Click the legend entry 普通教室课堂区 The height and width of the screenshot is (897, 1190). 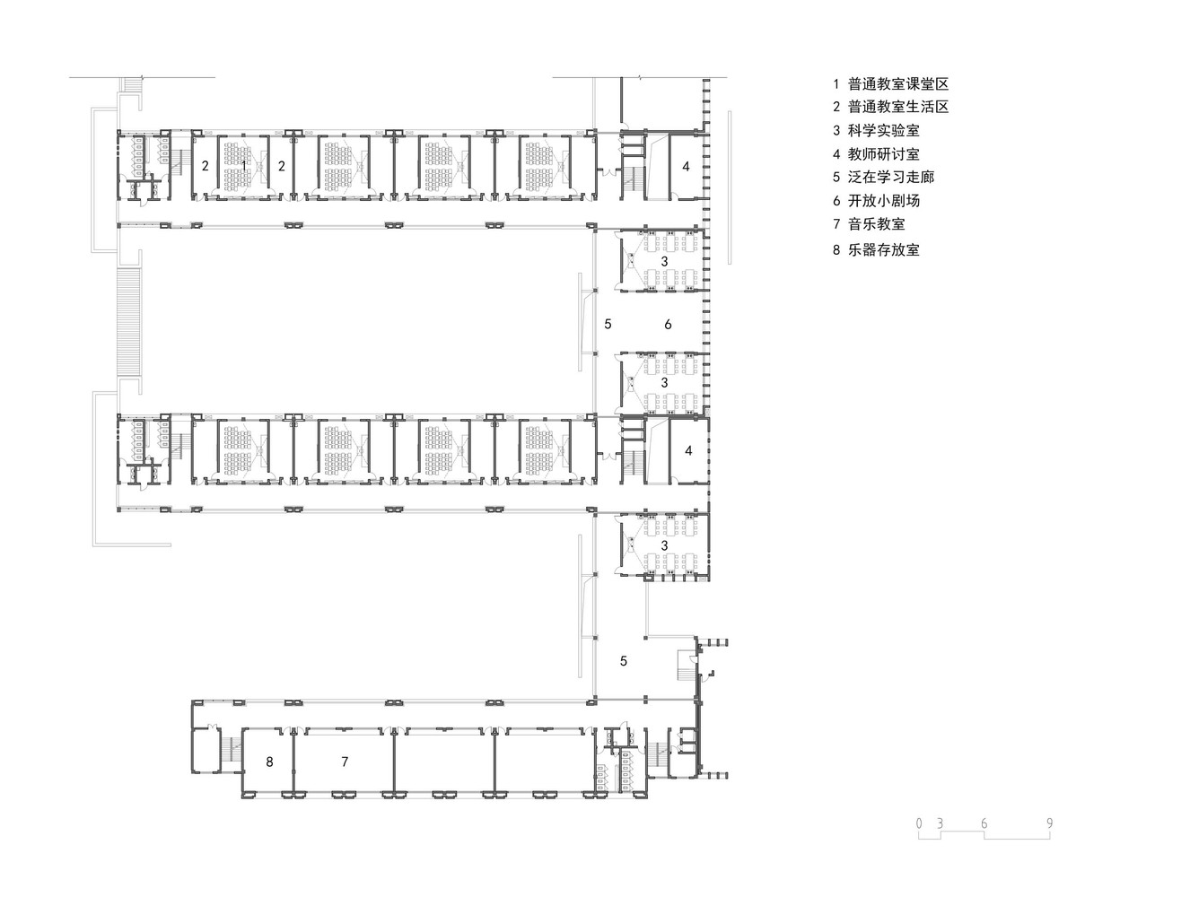click(x=897, y=84)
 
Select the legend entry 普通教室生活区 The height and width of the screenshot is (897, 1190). click(x=897, y=107)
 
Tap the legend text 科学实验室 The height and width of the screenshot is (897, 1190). click(x=883, y=131)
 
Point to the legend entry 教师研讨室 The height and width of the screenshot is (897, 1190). click(x=883, y=154)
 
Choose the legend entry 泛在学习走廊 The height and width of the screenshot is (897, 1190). click(x=890, y=178)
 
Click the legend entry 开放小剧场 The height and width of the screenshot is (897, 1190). click(x=883, y=201)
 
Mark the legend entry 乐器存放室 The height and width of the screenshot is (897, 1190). click(x=883, y=250)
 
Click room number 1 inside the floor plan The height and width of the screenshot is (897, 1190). click(x=243, y=166)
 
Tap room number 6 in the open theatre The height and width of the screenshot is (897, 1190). click(x=668, y=325)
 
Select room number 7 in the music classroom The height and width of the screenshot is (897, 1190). click(x=345, y=762)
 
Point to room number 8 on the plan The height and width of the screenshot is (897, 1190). click(x=269, y=762)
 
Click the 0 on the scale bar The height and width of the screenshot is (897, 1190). click(x=919, y=823)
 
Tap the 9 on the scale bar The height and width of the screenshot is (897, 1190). click(x=1049, y=823)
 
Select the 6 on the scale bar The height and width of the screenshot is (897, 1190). click(x=984, y=823)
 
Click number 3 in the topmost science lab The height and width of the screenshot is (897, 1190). click(x=664, y=261)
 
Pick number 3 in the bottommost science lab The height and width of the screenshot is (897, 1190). click(x=664, y=545)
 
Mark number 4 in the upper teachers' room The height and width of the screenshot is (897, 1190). click(x=686, y=166)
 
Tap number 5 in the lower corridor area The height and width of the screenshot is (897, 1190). click(x=624, y=661)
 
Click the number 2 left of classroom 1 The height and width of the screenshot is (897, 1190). click(x=205, y=166)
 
